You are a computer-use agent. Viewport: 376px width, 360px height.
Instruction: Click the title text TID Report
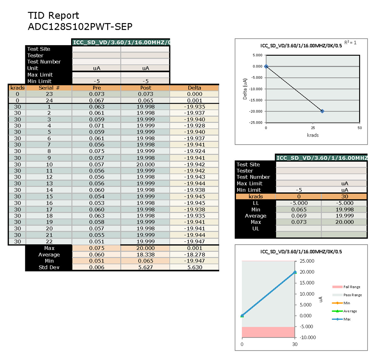tap(53, 16)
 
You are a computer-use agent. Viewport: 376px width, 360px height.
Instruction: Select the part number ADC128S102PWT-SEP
tap(80, 27)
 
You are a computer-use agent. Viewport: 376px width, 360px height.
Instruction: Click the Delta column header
tap(194, 88)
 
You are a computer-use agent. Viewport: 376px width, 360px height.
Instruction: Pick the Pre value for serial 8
tap(97, 151)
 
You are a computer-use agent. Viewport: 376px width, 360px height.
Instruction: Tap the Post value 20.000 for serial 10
tap(146, 164)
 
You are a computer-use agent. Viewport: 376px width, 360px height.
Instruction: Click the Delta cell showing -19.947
tap(194, 241)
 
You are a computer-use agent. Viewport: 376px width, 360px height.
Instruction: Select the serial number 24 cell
tap(49, 101)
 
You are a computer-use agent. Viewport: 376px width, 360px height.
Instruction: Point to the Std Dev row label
tap(49, 267)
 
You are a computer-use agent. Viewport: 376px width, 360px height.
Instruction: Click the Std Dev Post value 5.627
tap(146, 267)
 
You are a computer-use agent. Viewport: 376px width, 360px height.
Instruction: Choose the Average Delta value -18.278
tap(194, 254)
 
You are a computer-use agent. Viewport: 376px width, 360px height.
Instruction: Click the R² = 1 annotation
tap(350, 43)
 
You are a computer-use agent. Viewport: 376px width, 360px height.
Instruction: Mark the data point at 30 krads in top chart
tap(322, 111)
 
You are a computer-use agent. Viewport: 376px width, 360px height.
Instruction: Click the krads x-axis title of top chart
tap(313, 135)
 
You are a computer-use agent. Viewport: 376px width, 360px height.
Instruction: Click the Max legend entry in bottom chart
tap(347, 319)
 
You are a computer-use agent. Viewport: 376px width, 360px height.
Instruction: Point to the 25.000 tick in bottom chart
tap(307, 261)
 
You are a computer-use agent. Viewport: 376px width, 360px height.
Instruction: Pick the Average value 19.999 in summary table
tap(345, 216)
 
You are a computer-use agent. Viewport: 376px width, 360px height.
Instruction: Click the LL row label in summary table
tap(256, 203)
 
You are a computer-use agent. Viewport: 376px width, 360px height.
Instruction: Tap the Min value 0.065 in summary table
tap(299, 210)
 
